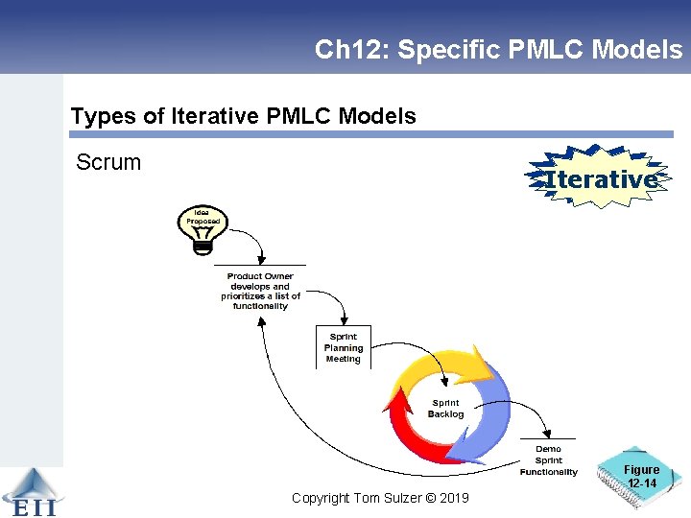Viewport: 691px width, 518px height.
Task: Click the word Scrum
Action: pos(108,162)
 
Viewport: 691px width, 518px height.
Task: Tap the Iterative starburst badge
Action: pos(600,178)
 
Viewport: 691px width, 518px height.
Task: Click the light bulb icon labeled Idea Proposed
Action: pos(203,230)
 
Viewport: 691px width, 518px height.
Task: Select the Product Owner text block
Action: pos(260,292)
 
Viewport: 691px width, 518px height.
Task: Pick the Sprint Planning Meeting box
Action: pos(343,348)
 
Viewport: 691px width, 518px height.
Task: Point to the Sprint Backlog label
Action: pos(445,409)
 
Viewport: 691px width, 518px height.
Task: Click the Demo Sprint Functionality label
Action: pos(548,460)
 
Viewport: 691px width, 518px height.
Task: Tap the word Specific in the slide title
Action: pos(443,50)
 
